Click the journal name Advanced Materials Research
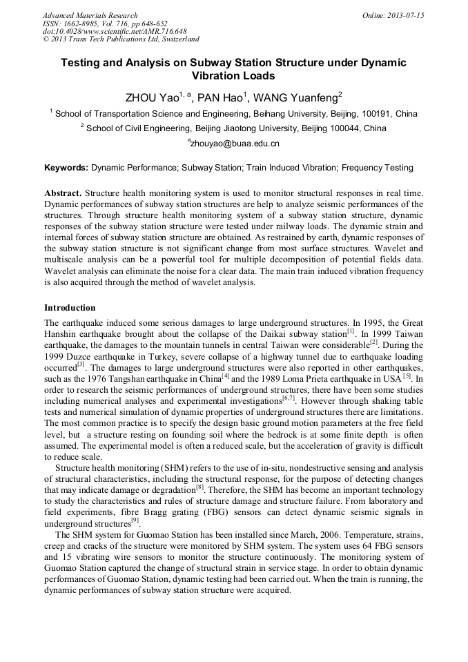coord(90,15)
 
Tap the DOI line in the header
coord(115,31)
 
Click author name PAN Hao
coord(217,97)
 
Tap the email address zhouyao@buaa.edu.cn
coord(235,144)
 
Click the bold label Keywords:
coord(66,167)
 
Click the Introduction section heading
coord(70,307)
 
